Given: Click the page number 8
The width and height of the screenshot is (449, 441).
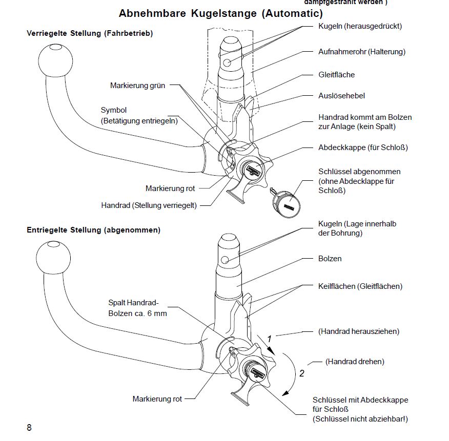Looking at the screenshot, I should point(29,428).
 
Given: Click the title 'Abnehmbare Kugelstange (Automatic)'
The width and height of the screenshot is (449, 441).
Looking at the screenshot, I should point(220,13).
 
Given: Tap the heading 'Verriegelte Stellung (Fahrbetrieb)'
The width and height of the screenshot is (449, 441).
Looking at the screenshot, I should point(90,34).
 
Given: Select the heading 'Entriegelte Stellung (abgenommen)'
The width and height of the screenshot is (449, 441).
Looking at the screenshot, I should point(93,230).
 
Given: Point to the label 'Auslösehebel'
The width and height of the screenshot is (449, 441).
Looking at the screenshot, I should point(341,96).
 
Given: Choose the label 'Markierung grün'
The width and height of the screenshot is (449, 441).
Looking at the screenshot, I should point(137,86).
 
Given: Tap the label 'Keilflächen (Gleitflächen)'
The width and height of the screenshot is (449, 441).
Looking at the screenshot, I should point(360,286).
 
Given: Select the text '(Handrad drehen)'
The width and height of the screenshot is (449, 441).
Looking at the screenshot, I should point(355,362).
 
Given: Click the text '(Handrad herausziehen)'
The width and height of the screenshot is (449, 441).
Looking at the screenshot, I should point(358,331).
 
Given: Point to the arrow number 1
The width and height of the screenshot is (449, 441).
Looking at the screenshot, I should point(269,339).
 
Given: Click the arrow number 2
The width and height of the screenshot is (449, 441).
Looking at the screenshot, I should point(301,373).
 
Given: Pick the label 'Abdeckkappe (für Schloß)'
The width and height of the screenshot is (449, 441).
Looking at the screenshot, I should point(363,148).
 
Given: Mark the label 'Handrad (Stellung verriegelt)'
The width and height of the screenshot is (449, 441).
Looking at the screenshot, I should point(149,205).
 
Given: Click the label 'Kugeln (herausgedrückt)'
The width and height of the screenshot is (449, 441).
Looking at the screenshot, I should point(360,26).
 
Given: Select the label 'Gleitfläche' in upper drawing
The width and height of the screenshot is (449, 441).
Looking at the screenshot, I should point(336,75).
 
